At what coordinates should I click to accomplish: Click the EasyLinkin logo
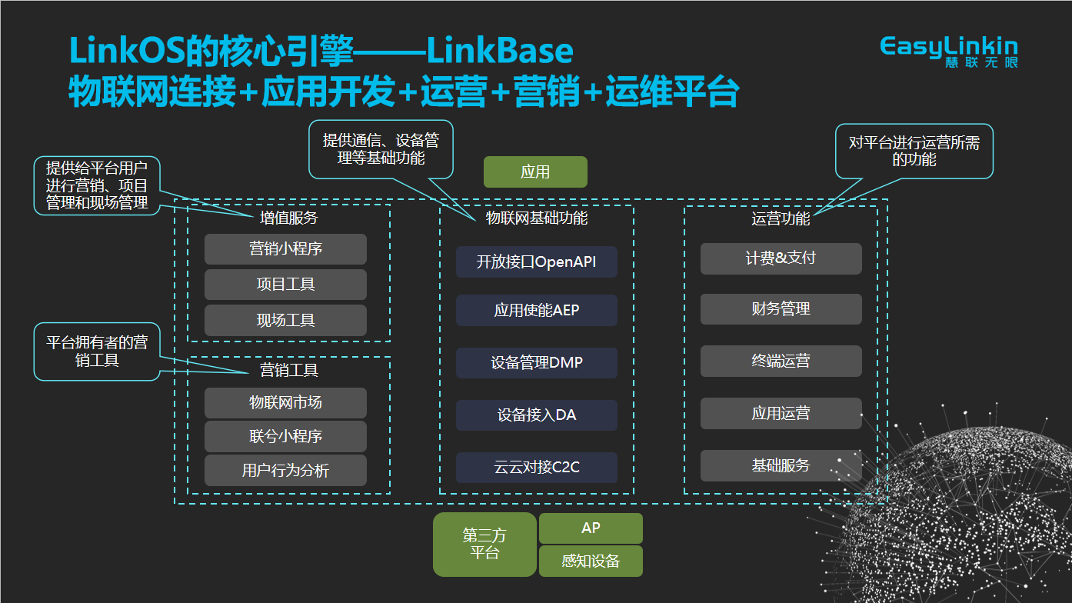[949, 51]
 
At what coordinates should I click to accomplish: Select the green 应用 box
[535, 172]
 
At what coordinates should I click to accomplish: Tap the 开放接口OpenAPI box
[537, 262]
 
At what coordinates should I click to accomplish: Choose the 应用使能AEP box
[537, 311]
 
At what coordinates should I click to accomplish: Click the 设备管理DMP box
[537, 363]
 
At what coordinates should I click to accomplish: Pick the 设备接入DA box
[537, 415]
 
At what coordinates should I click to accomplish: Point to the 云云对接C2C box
[537, 468]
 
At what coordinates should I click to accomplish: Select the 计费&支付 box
[781, 258]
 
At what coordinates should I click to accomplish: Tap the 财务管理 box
[781, 309]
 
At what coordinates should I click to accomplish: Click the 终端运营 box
[781, 361]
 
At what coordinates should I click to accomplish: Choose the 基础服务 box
[781, 465]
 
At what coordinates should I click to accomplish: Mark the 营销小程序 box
[285, 249]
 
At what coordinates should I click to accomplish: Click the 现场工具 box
[285, 320]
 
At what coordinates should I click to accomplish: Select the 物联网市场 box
[285, 403]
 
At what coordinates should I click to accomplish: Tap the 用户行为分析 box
[285, 471]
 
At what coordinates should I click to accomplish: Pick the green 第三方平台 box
[484, 545]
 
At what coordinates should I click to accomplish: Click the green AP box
[591, 528]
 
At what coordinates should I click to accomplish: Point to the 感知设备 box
[591, 561]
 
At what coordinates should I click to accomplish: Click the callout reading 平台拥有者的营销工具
[97, 351]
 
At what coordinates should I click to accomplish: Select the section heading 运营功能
[781, 218]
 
